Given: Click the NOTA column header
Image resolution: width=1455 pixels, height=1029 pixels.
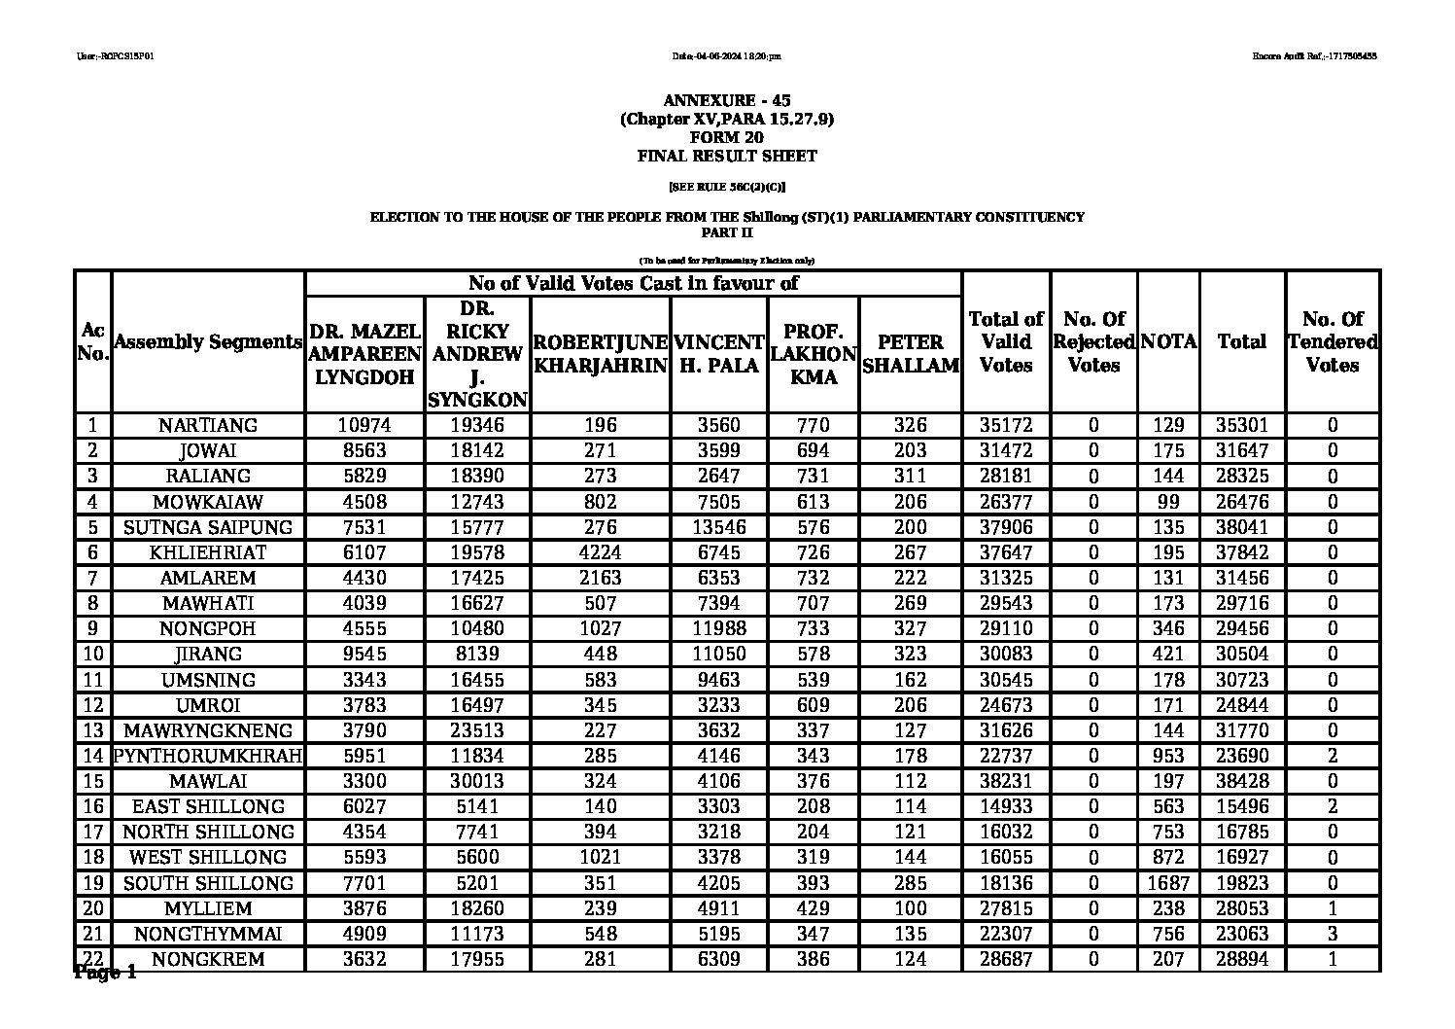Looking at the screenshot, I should (x=1168, y=342).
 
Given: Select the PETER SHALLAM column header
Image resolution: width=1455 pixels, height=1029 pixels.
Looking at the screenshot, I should (x=910, y=354).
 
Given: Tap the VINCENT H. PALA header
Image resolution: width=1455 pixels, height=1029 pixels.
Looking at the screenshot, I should (x=718, y=354).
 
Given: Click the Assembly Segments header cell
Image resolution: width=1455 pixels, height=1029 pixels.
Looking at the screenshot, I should (x=208, y=342).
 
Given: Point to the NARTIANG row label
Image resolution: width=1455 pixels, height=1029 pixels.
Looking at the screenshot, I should (x=208, y=425).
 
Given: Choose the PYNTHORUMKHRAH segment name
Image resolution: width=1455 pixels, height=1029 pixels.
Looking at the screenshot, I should (x=208, y=756).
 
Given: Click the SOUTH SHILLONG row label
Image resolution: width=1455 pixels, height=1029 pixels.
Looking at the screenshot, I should (x=208, y=883).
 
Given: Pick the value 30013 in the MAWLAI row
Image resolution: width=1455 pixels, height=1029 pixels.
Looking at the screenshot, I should (x=477, y=781).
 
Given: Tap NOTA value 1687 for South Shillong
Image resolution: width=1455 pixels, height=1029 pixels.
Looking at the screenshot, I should (x=1168, y=883).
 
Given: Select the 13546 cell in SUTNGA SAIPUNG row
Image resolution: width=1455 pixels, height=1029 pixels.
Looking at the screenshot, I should (x=718, y=527).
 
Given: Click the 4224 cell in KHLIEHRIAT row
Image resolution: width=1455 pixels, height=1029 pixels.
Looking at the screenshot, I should (x=600, y=552).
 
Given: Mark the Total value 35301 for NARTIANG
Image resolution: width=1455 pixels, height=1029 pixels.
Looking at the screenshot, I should (x=1241, y=425).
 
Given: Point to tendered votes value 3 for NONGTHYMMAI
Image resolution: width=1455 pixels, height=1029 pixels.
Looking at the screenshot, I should (x=1332, y=934).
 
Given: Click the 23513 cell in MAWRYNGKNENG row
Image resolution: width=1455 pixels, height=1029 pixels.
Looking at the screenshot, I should (x=477, y=730).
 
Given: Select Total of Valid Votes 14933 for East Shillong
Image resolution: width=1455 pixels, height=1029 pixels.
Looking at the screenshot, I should (x=1005, y=806).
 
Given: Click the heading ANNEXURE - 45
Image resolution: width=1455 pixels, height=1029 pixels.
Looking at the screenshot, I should (x=727, y=101).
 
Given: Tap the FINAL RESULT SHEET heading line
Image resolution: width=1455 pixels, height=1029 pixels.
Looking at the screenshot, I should (x=727, y=156).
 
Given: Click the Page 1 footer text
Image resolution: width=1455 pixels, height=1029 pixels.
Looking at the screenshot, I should (x=105, y=974).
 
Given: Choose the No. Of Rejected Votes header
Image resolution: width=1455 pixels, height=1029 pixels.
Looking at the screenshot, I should (x=1093, y=342).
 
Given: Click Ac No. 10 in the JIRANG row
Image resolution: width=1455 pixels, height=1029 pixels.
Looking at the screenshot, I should (x=92, y=654).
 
